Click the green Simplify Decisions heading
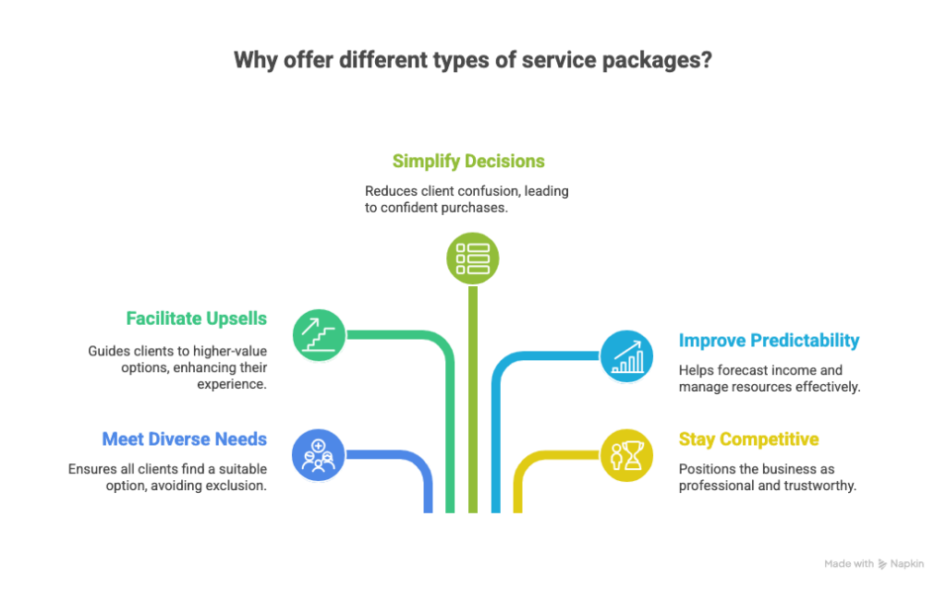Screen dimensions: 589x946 click(x=468, y=162)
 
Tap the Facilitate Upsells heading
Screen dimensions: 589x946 click(x=197, y=319)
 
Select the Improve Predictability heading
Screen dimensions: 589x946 click(x=769, y=341)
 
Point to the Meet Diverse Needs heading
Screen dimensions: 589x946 click(x=185, y=439)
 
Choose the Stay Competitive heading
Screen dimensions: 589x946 click(x=748, y=439)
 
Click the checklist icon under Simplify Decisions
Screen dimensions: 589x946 click(x=472, y=258)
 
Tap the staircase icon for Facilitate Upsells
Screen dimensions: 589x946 click(x=320, y=334)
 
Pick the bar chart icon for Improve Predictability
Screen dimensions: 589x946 click(x=627, y=356)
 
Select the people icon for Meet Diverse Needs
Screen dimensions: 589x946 click(x=319, y=454)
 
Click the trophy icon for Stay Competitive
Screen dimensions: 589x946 click(x=627, y=455)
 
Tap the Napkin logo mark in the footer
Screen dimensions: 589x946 click(x=884, y=564)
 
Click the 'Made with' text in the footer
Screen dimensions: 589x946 click(x=849, y=564)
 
